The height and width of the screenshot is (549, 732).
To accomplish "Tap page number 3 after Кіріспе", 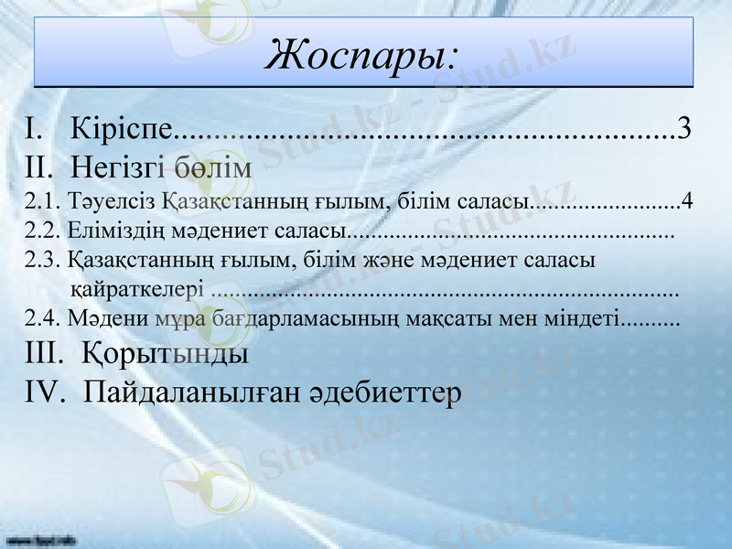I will click(684, 127).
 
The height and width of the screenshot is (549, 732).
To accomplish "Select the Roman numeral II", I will click(41, 167).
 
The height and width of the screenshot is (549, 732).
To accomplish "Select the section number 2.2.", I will click(43, 231).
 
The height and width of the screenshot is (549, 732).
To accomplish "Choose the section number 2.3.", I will click(43, 260).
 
